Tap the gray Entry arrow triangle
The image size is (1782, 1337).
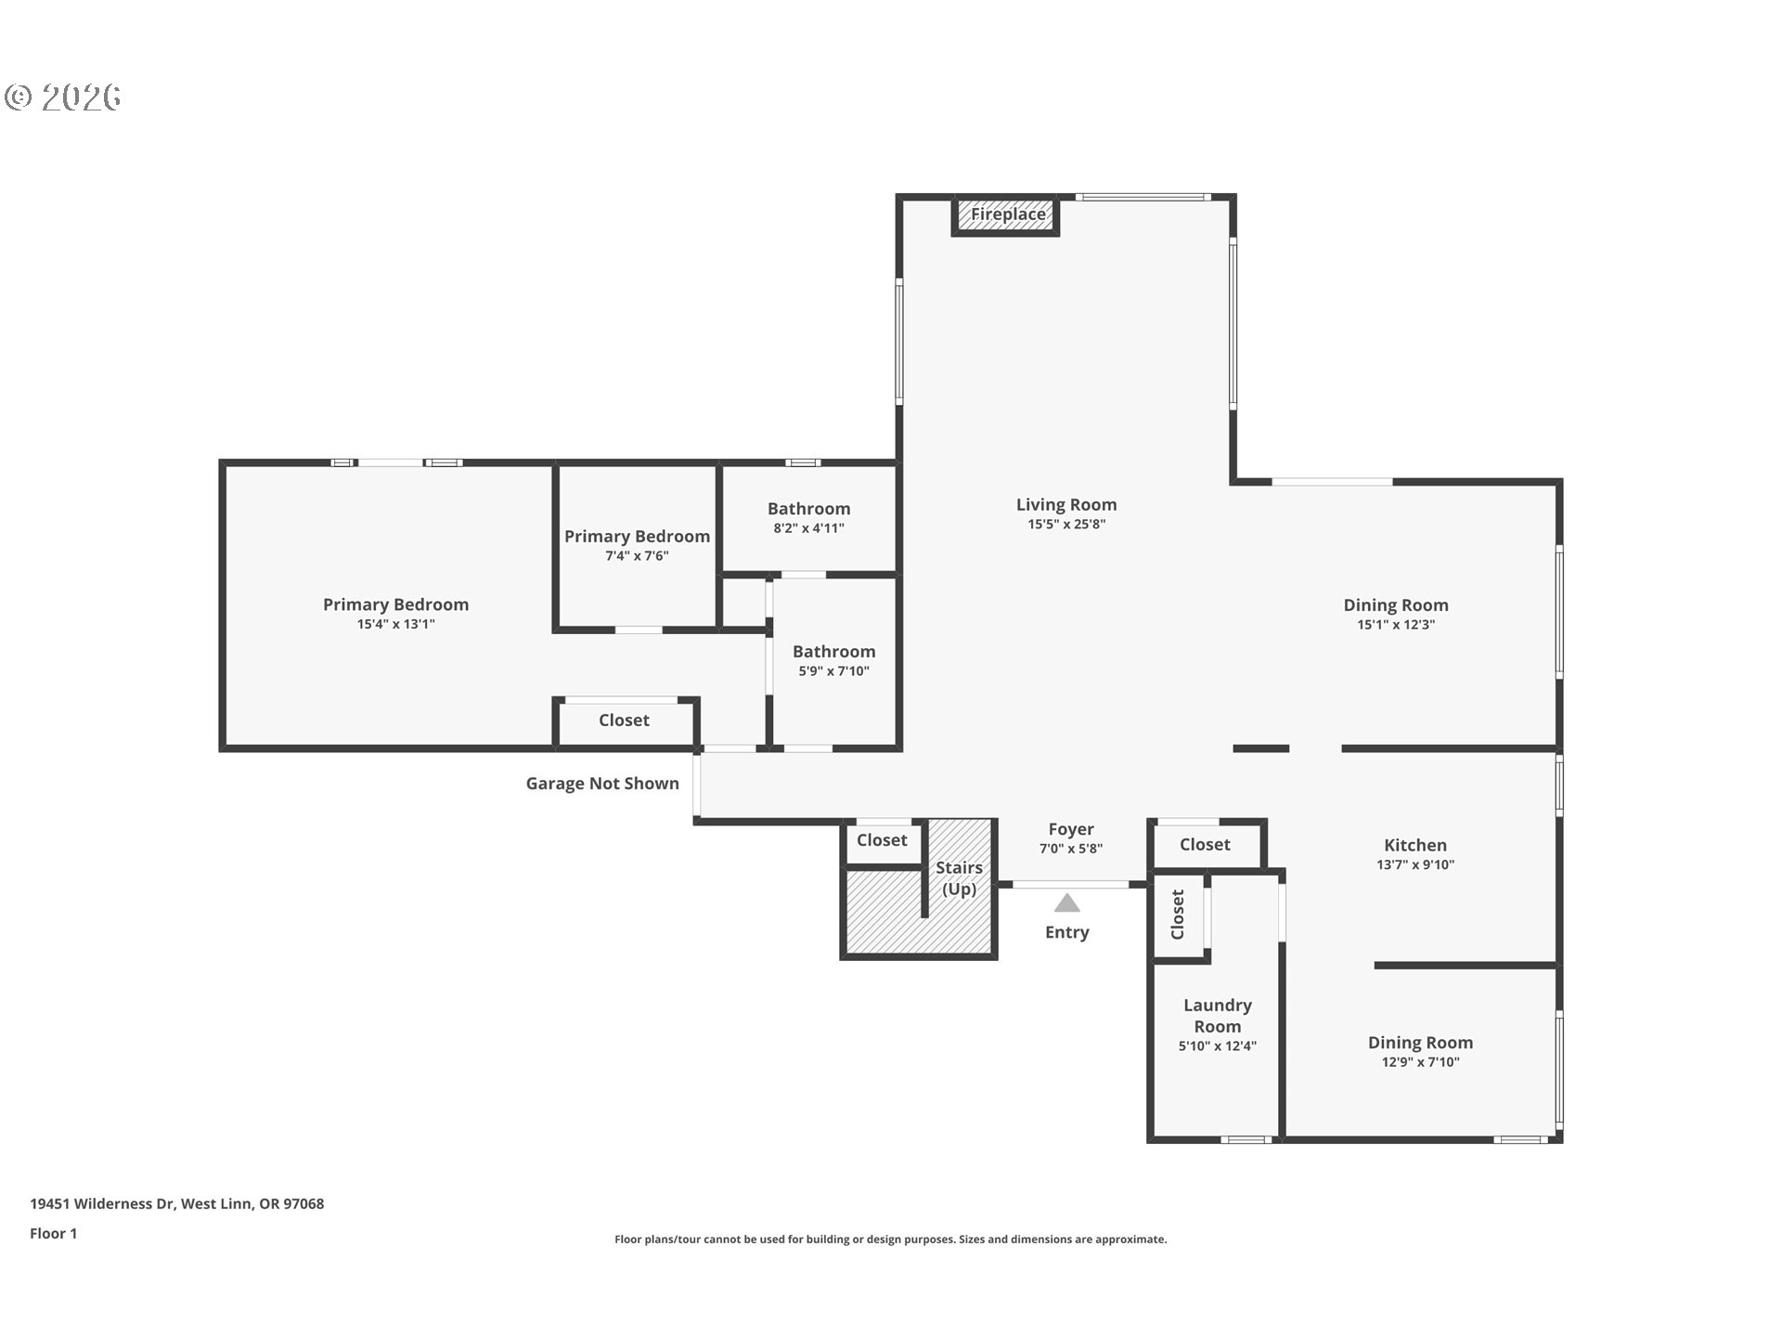pos(1067,902)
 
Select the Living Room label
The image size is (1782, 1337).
pos(1066,505)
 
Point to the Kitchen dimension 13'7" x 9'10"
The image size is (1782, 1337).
pos(1415,864)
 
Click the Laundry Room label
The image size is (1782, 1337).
pos(1218,1016)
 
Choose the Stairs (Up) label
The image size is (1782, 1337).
pos(959,878)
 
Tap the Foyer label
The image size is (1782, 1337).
pos(1071,829)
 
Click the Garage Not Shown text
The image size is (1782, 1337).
pos(602,784)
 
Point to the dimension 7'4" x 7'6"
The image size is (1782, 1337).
pos(637,556)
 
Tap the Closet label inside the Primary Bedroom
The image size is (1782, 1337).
pos(624,720)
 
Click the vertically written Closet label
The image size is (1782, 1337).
pos(1178,915)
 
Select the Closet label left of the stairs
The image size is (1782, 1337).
pos(882,840)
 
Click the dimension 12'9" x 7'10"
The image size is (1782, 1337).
pos(1420,1062)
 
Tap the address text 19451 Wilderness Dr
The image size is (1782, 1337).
pos(102,1204)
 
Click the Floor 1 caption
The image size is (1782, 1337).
pos(53,1234)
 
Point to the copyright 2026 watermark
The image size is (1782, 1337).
pos(63,97)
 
